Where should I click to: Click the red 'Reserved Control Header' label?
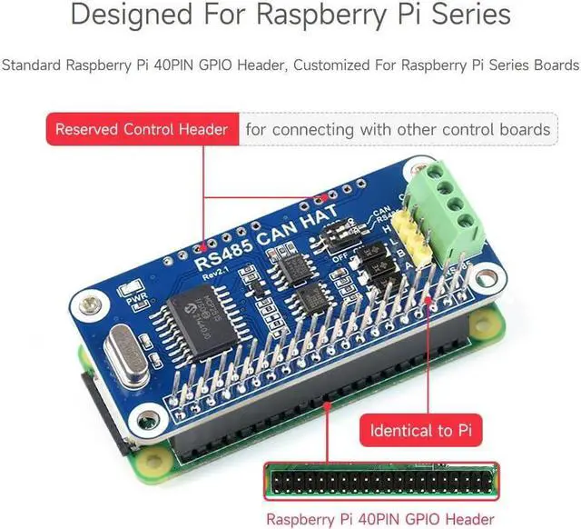click(142, 129)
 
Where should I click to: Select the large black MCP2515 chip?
click(206, 303)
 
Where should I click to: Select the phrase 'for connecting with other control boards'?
click(397, 129)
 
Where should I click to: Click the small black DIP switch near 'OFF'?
click(326, 238)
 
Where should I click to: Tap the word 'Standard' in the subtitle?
click(32, 65)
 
